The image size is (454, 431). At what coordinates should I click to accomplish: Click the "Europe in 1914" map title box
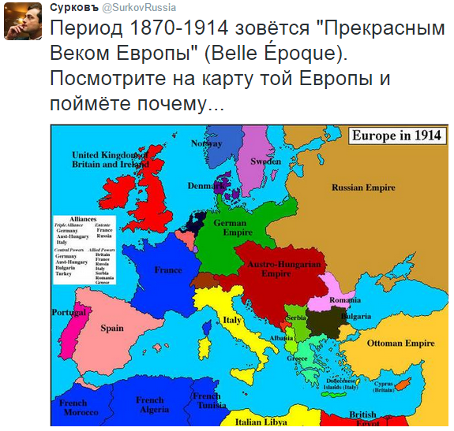coord(396,135)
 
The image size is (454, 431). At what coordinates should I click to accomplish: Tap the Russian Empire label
coord(362,188)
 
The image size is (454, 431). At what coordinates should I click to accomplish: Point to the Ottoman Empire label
coord(401,344)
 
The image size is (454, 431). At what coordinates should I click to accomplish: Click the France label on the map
coord(168,270)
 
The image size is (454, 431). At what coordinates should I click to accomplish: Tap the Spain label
coord(112,328)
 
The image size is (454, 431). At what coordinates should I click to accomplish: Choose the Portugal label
coord(69,313)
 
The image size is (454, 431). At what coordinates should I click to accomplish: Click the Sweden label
coord(265,161)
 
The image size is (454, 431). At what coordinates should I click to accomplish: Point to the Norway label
coord(207,143)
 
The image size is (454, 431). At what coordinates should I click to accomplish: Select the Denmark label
coord(204,186)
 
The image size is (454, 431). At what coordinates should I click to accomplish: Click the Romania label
coord(345,300)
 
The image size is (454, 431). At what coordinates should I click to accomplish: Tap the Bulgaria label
coord(355,316)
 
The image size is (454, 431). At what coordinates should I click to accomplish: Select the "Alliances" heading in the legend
coord(82,218)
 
